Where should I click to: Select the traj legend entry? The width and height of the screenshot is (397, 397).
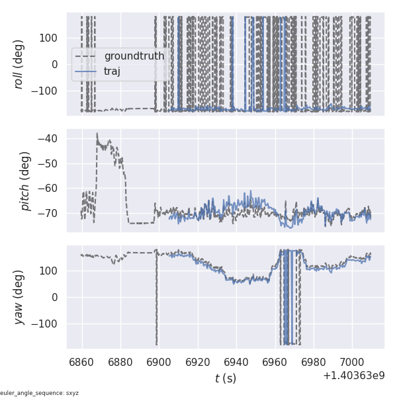(x=112, y=71)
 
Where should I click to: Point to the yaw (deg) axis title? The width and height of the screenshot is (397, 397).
(x=21, y=297)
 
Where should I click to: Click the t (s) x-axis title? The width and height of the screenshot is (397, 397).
(x=225, y=378)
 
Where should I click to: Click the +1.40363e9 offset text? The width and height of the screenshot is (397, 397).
(x=354, y=376)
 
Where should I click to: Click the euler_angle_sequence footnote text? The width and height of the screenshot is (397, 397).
(x=40, y=393)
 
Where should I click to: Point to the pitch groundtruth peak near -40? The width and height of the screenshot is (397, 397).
(x=97, y=134)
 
